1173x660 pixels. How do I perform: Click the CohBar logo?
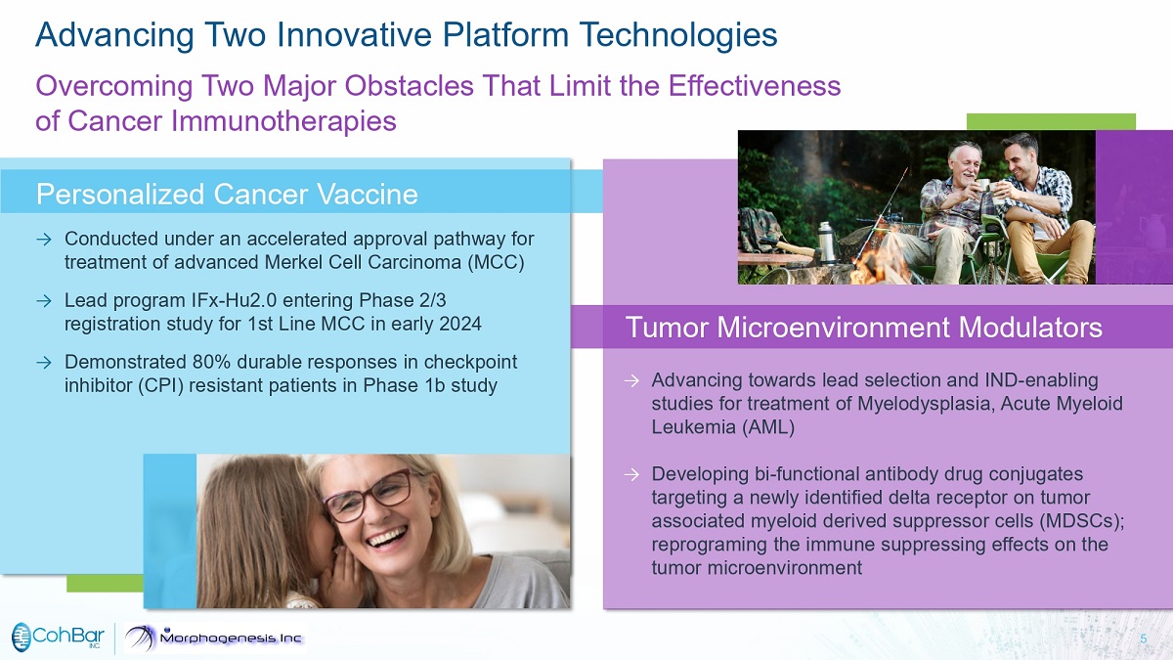(x=58, y=638)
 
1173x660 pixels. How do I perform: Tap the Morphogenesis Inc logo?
(x=214, y=638)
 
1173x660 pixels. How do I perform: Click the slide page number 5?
(x=1143, y=638)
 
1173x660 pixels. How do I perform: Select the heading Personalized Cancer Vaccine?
(x=227, y=195)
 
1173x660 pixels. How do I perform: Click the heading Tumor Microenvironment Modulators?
(x=863, y=328)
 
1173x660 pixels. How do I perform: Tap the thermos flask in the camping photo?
(x=826, y=242)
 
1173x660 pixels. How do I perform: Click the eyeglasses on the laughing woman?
(x=368, y=494)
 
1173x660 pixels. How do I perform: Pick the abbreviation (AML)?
(x=768, y=427)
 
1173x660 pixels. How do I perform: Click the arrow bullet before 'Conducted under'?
(x=44, y=240)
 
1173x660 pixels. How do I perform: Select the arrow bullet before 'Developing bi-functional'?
(x=631, y=475)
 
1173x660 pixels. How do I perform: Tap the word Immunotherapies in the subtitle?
(x=283, y=121)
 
